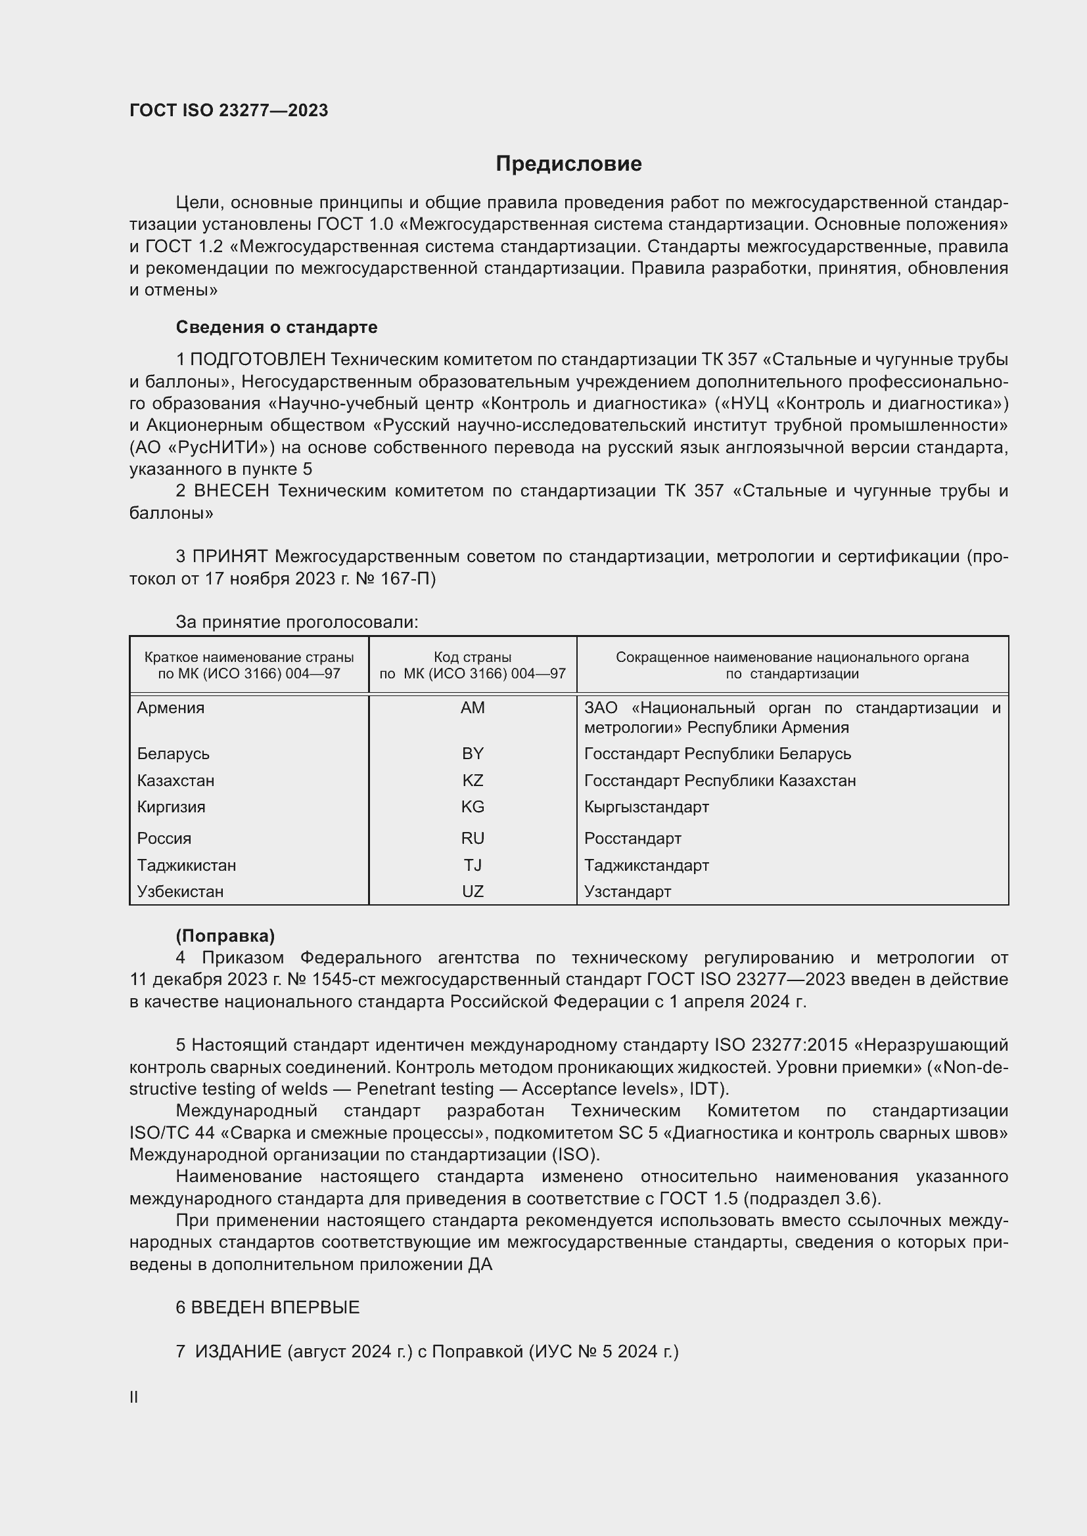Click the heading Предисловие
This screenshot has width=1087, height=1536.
(x=568, y=164)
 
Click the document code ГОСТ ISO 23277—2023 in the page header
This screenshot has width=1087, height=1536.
(x=229, y=111)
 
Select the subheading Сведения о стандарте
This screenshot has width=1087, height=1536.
(x=277, y=327)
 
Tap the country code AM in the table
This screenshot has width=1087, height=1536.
(x=473, y=708)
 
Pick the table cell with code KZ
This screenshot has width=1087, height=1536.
(x=473, y=781)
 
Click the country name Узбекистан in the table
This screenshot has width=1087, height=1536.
(x=180, y=892)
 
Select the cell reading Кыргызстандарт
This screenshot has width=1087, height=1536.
(x=646, y=807)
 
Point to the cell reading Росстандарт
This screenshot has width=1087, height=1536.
(x=632, y=839)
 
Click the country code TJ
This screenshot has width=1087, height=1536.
(x=473, y=866)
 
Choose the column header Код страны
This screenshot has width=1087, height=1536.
(x=473, y=657)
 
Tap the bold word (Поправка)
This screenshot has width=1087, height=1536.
(x=225, y=936)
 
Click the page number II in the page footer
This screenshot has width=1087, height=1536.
(x=134, y=1397)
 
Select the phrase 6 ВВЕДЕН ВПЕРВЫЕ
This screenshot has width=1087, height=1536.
(x=267, y=1308)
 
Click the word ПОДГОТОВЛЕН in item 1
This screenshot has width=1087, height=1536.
(x=258, y=360)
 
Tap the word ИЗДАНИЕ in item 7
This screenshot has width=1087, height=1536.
(x=239, y=1352)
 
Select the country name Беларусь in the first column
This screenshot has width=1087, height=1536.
(x=173, y=754)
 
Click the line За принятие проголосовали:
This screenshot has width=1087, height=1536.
(x=296, y=622)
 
